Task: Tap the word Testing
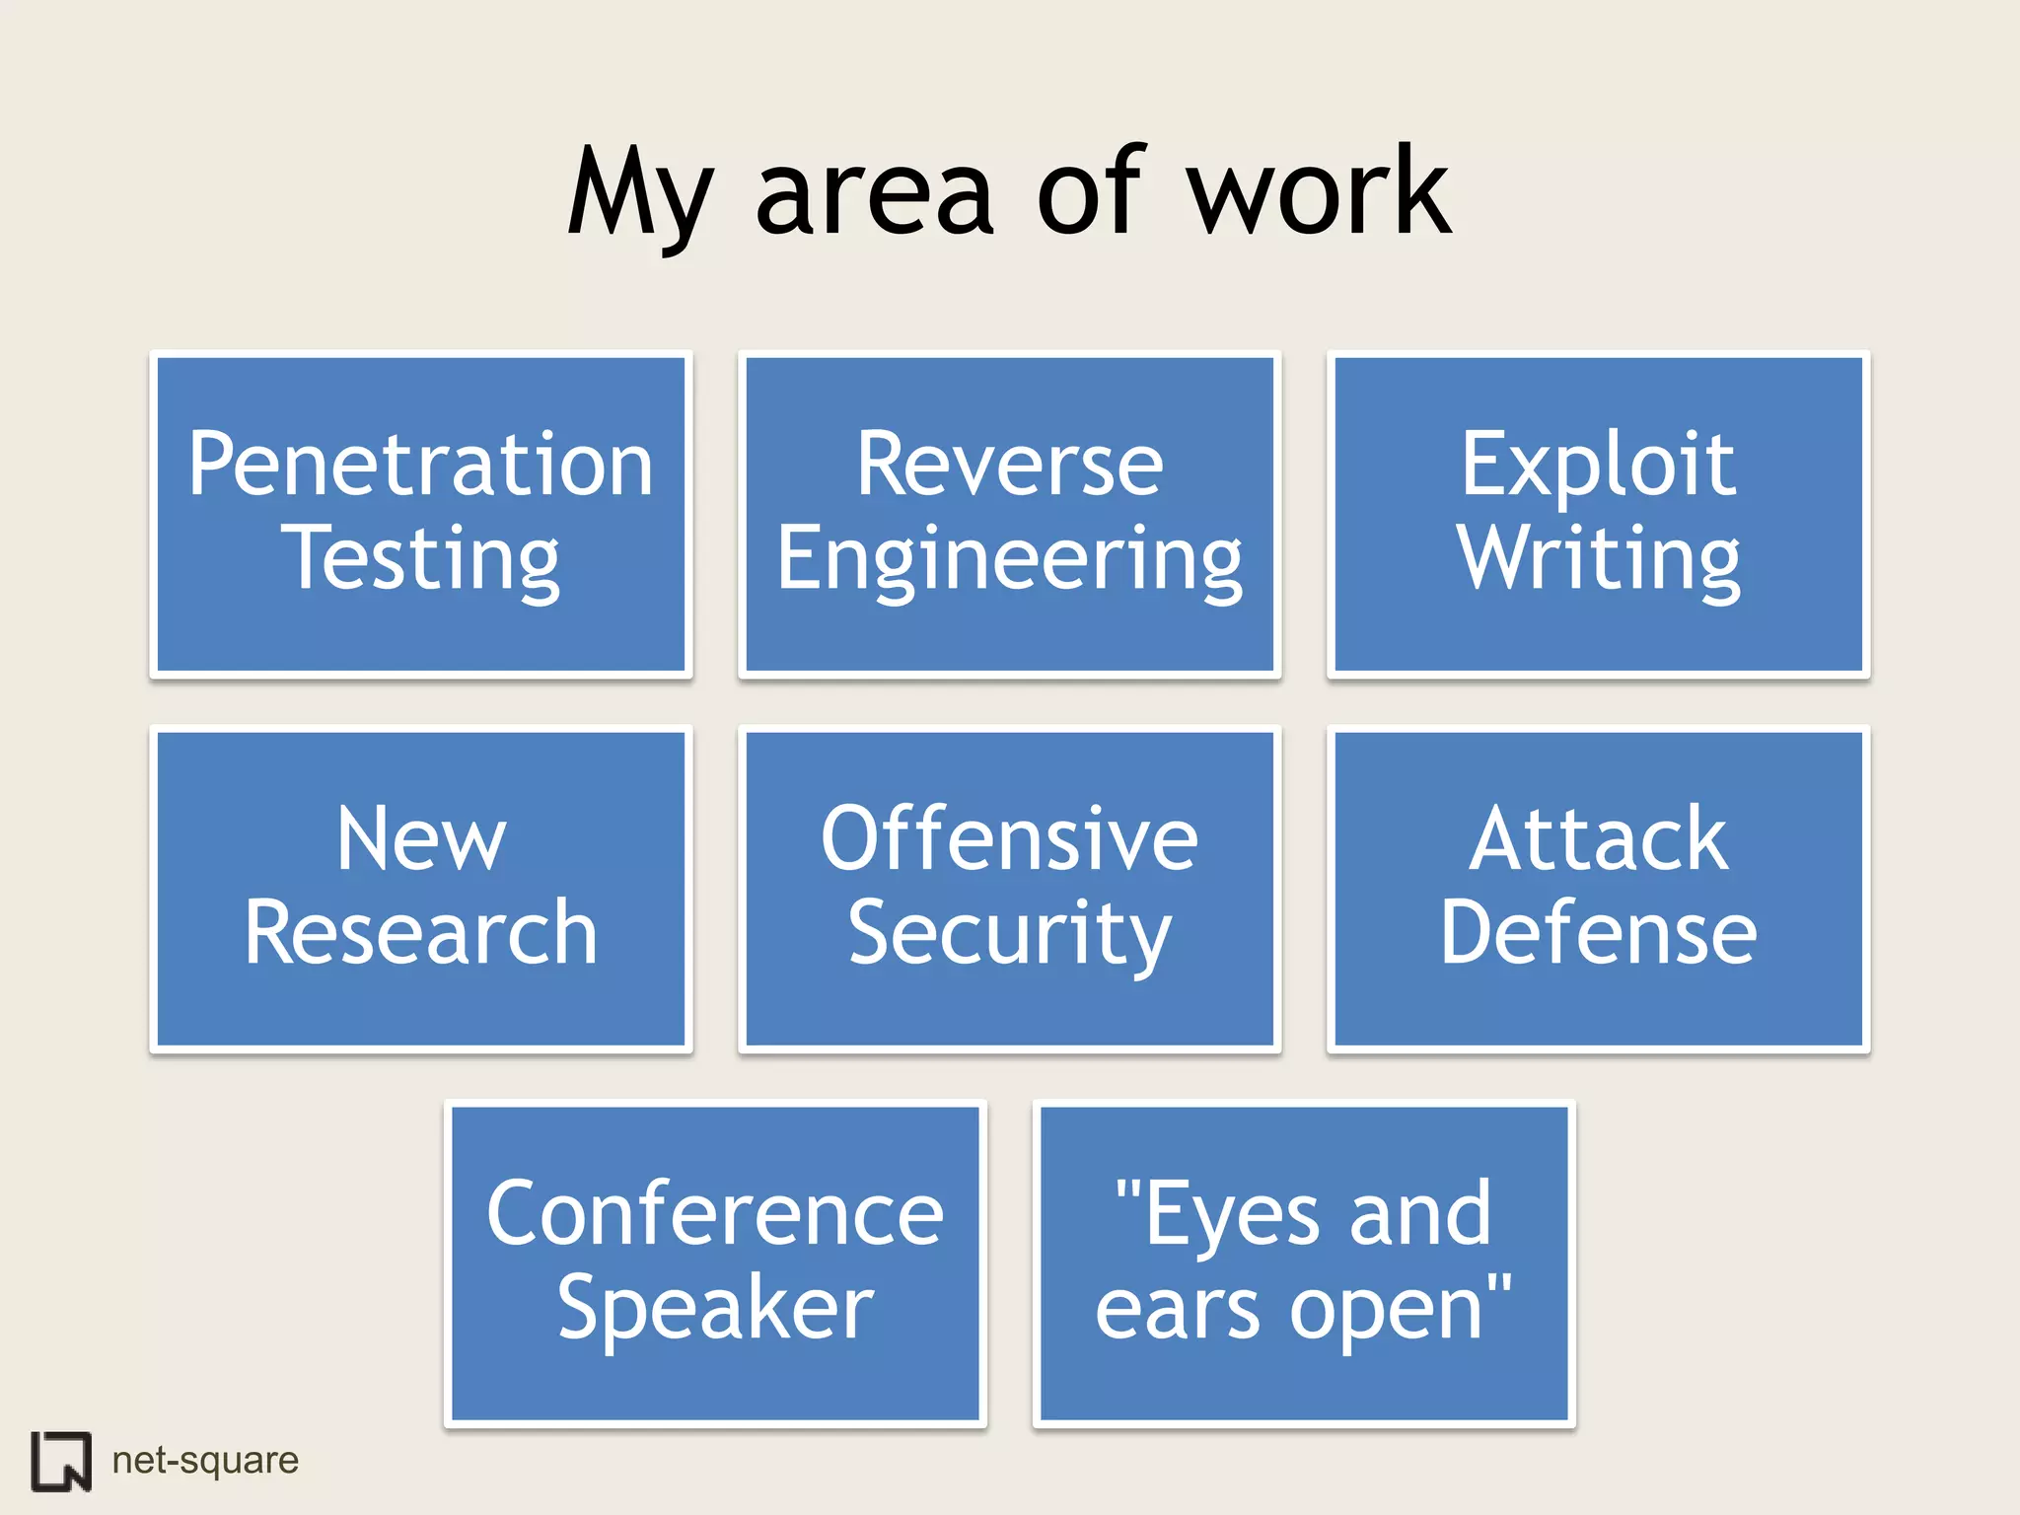[x=420, y=560]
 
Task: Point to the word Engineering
[x=1009, y=560]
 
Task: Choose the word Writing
[x=1598, y=560]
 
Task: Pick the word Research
[x=421, y=932]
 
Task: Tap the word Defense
[x=1598, y=932]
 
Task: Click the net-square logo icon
[x=61, y=1460]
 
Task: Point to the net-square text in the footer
[x=205, y=1460]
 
